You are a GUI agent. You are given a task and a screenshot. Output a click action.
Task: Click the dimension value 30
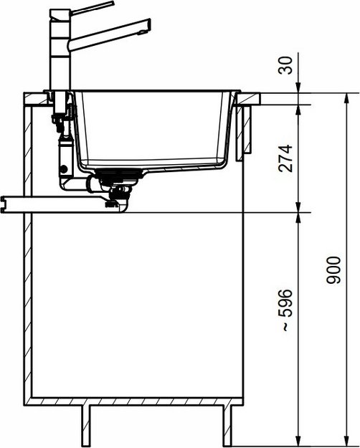pos(285,67)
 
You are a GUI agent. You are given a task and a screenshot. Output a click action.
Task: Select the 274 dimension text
pos(285,159)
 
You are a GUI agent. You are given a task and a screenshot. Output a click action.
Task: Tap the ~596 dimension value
pos(285,310)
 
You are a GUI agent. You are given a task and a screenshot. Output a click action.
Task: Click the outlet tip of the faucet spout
pos(146,27)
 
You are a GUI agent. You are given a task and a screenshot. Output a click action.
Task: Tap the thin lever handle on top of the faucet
pos(93,9)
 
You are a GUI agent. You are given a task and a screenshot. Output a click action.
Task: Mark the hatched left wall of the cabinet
pos(28,251)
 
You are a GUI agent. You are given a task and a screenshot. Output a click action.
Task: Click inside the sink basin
pos(158,129)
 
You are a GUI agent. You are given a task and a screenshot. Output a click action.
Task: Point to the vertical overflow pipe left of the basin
pos(63,143)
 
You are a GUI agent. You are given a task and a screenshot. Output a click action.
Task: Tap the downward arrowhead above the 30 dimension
pos(298,87)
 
